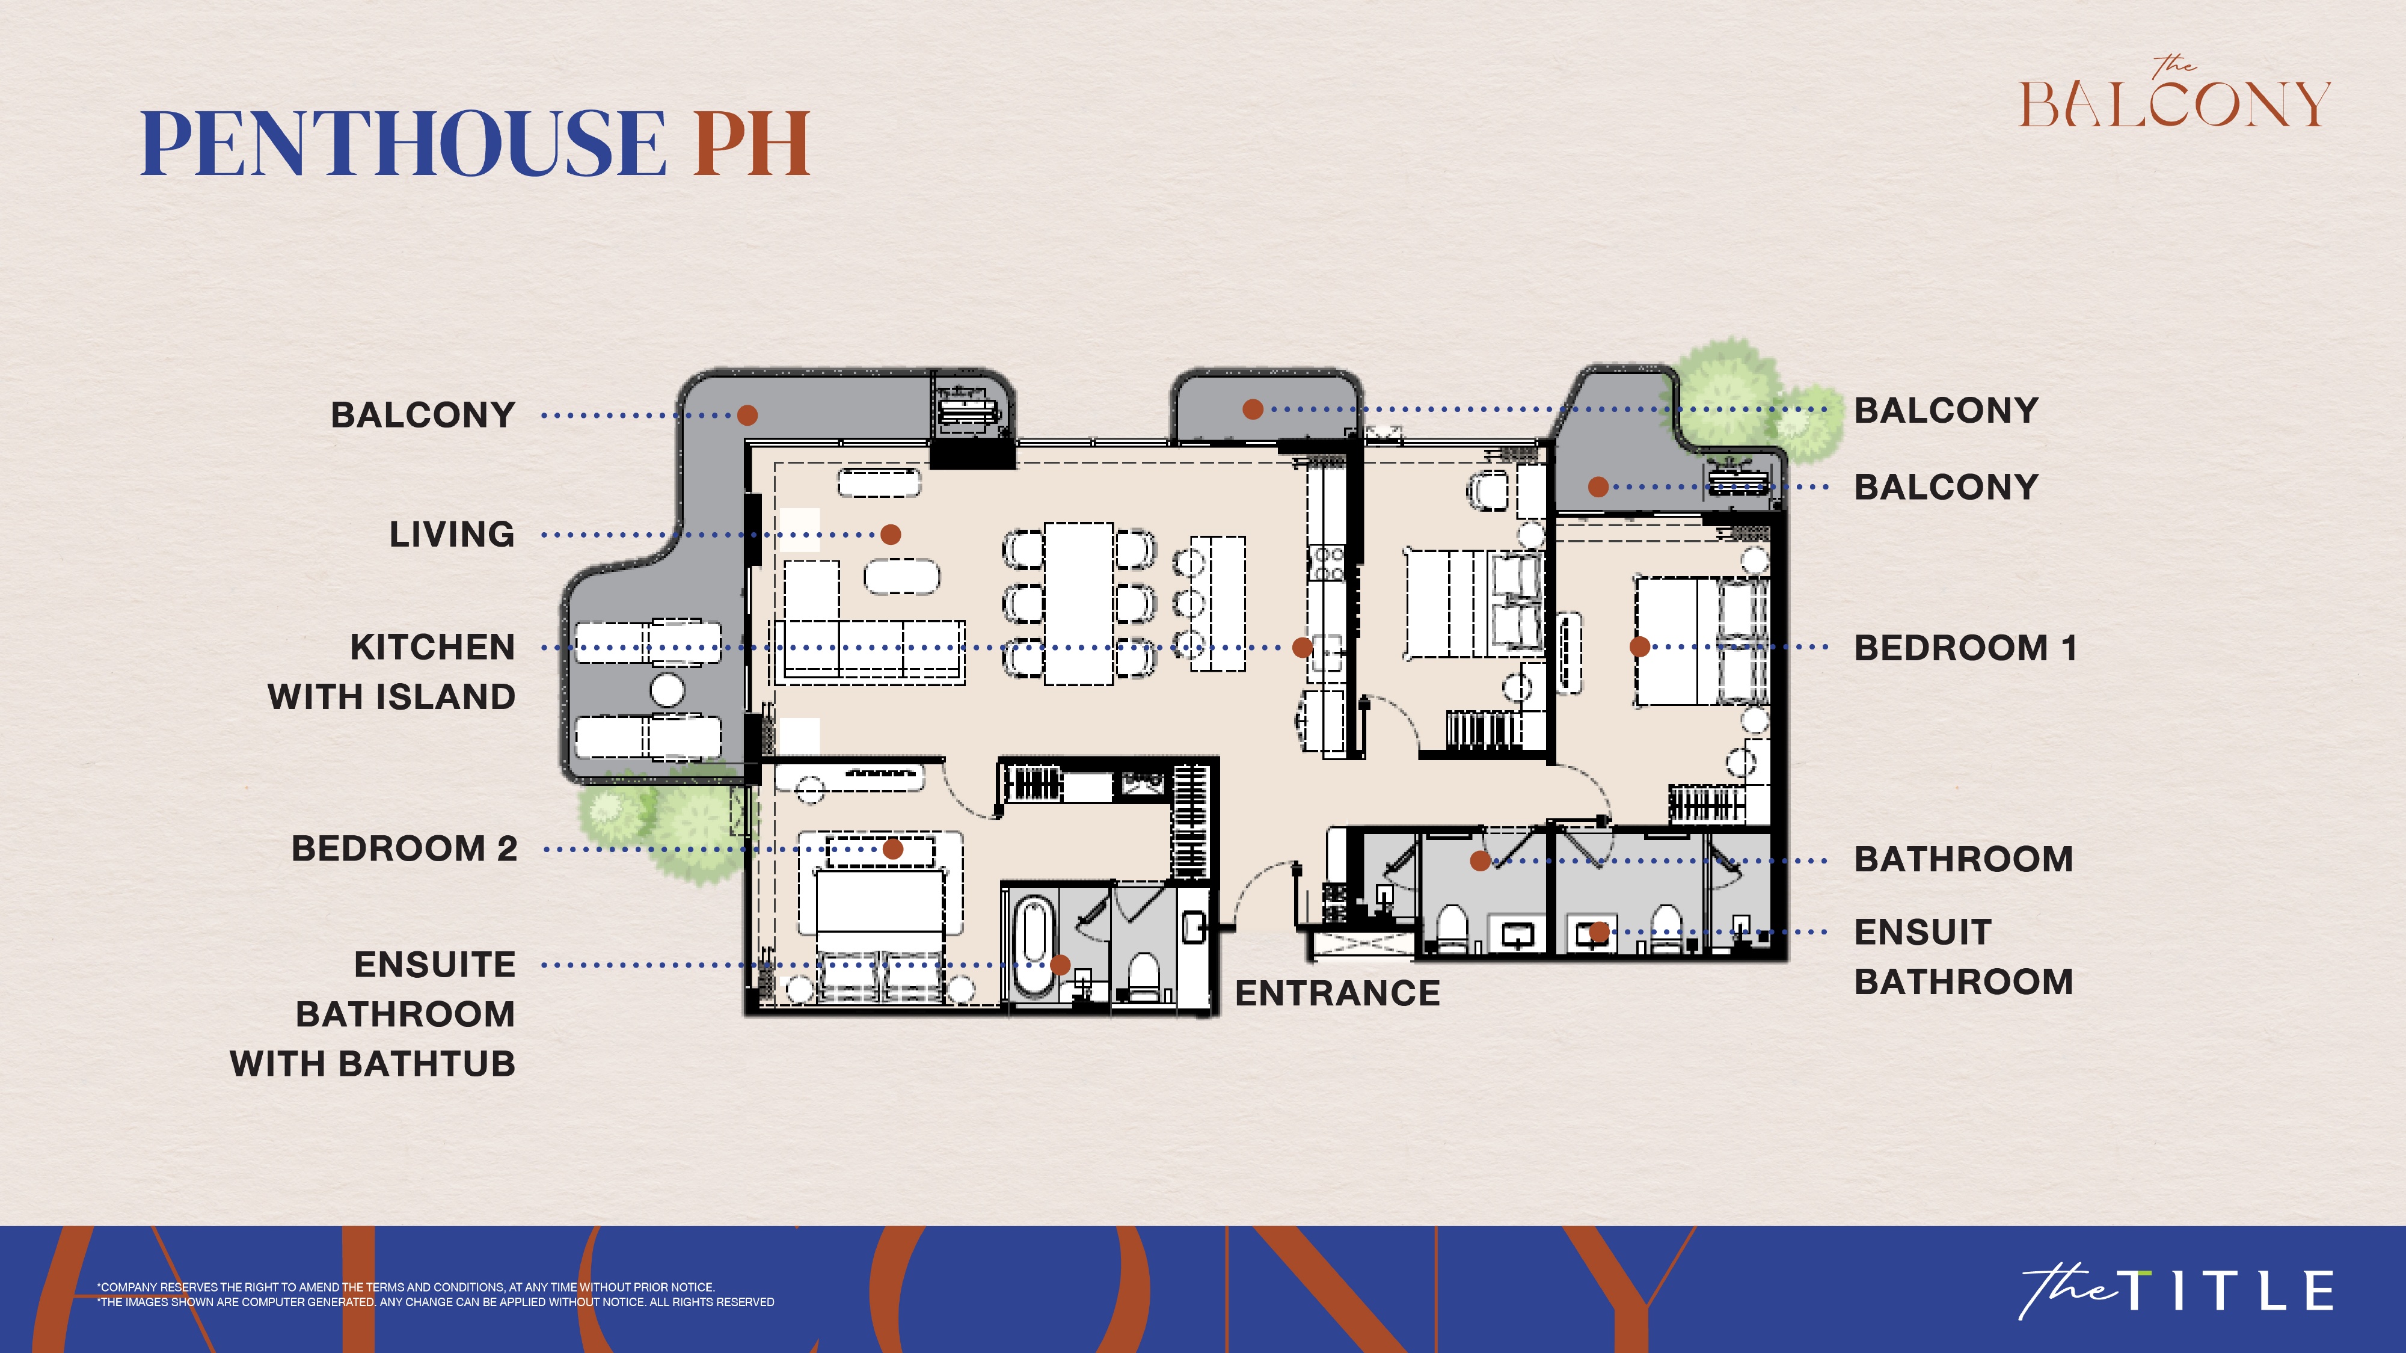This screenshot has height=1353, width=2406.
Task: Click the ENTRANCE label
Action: click(1337, 993)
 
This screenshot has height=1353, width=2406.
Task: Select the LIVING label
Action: click(452, 534)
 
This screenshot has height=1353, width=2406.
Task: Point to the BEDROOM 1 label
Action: click(1965, 647)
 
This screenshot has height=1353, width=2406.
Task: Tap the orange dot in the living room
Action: click(891, 534)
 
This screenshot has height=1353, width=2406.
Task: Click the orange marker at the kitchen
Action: click(1302, 647)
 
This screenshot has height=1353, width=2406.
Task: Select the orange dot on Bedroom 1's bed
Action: click(1639, 646)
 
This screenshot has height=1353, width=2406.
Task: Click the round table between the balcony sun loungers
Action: click(667, 691)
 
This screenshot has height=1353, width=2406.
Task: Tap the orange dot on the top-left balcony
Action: click(747, 414)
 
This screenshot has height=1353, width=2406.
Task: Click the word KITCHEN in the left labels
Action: click(432, 647)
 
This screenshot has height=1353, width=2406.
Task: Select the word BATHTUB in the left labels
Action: click(427, 1064)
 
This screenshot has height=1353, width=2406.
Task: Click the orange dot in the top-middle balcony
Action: click(1253, 409)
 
